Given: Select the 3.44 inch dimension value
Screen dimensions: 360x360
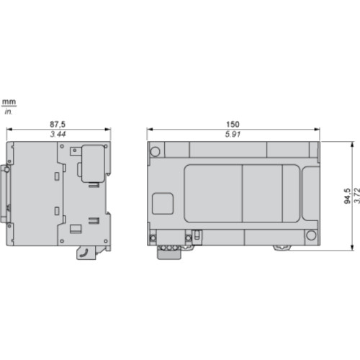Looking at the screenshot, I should pyautogui.click(x=58, y=135).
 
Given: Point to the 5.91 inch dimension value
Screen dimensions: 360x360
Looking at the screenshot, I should pyautogui.click(x=233, y=135).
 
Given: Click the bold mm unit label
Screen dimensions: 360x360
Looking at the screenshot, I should pyautogui.click(x=9, y=103).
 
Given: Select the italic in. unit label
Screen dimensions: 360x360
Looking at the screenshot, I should pyautogui.click(x=9, y=112).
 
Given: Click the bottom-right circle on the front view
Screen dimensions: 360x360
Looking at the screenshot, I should pyautogui.click(x=311, y=235).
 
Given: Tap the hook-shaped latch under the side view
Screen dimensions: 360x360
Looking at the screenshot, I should pyautogui.click(x=85, y=251).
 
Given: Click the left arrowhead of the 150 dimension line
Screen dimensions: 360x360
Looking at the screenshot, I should pyautogui.click(x=150, y=130).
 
